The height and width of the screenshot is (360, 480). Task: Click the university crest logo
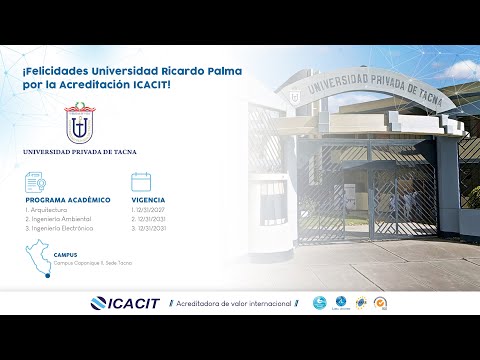(x=79, y=124)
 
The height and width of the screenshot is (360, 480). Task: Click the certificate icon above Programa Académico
(x=34, y=182)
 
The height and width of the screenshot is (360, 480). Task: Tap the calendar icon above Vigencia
(x=141, y=182)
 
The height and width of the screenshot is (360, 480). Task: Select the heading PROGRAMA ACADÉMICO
(x=68, y=200)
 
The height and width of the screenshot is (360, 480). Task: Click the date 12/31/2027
(x=148, y=210)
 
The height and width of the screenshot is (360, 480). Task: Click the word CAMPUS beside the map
(x=66, y=255)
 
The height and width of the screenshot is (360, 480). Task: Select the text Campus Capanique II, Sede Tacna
(x=93, y=263)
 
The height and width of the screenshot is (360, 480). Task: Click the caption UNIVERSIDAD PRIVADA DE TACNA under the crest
(x=79, y=152)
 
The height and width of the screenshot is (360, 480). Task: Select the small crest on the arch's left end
(x=295, y=96)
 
